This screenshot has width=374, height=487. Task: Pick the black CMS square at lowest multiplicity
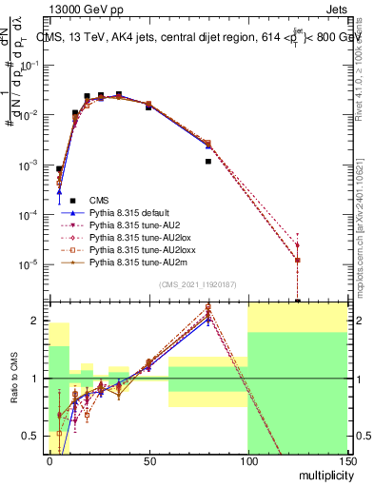[59, 169]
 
